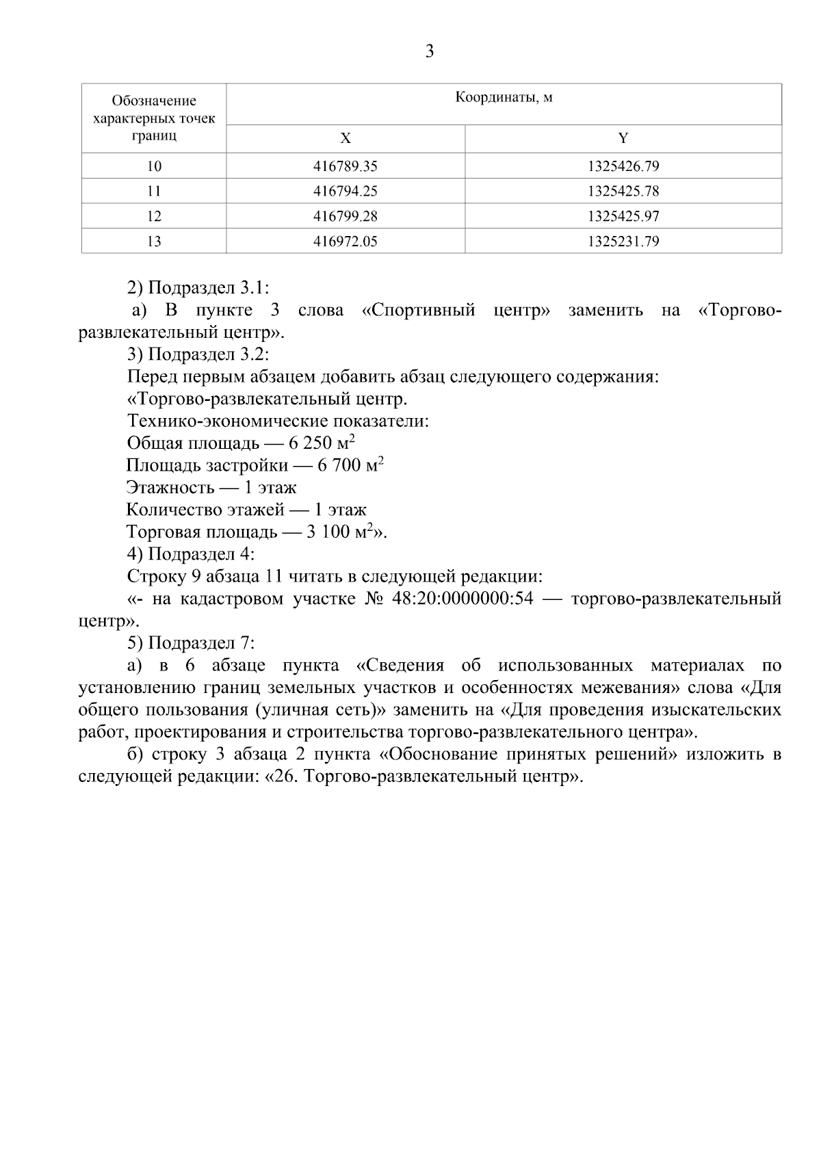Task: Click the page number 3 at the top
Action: pyautogui.click(x=429, y=51)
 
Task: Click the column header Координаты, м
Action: pyautogui.click(x=504, y=98)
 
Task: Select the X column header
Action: pyautogui.click(x=346, y=138)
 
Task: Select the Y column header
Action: pyautogui.click(x=623, y=138)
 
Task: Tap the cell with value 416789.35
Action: pyautogui.click(x=345, y=166)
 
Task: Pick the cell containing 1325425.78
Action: pyautogui.click(x=623, y=191)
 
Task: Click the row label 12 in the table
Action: pyautogui.click(x=154, y=216)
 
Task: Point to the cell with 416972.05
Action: pyautogui.click(x=345, y=241)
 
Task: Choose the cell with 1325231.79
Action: pyautogui.click(x=623, y=241)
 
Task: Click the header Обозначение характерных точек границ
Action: pyautogui.click(x=154, y=118)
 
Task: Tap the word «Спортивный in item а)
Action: pyautogui.click(x=418, y=311)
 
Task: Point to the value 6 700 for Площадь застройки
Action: pyautogui.click(x=339, y=467)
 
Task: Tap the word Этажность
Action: pyautogui.click(x=168, y=488)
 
